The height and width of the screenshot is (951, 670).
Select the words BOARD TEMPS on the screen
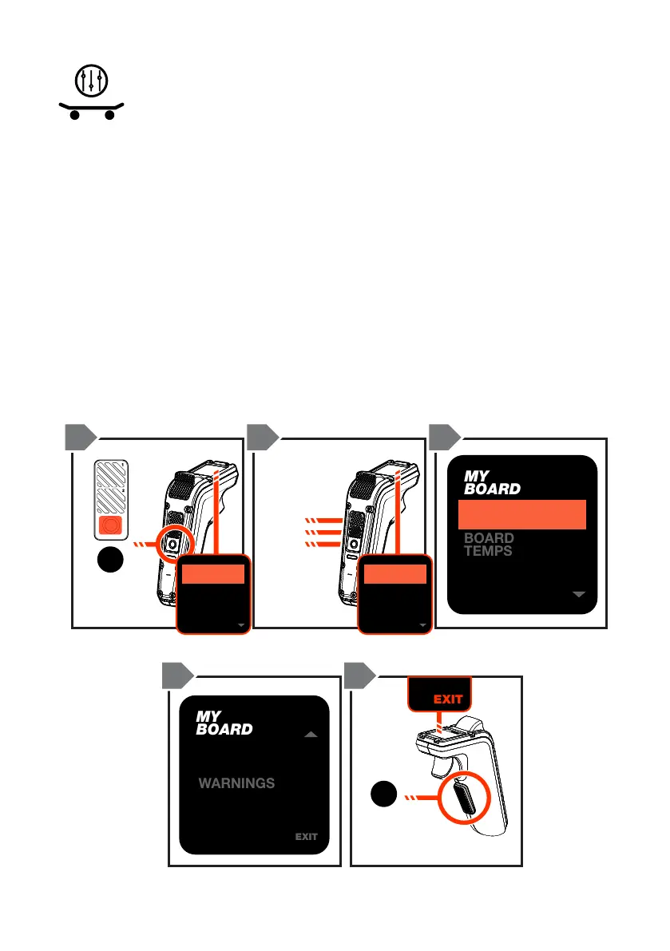pos(489,545)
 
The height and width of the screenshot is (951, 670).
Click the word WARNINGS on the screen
pos(236,783)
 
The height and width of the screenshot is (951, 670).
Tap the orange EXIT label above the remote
pos(448,699)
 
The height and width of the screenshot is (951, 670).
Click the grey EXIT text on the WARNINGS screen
pos(306,837)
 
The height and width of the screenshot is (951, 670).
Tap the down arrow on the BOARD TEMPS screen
pos(580,594)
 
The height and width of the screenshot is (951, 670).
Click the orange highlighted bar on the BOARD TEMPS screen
pos(522,514)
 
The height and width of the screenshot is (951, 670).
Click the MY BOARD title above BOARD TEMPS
pos(492,482)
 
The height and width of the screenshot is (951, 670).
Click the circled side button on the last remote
pos(462,795)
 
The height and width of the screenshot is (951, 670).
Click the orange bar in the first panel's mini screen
pos(212,573)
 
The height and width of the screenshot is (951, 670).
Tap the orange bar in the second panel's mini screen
pos(393,573)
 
